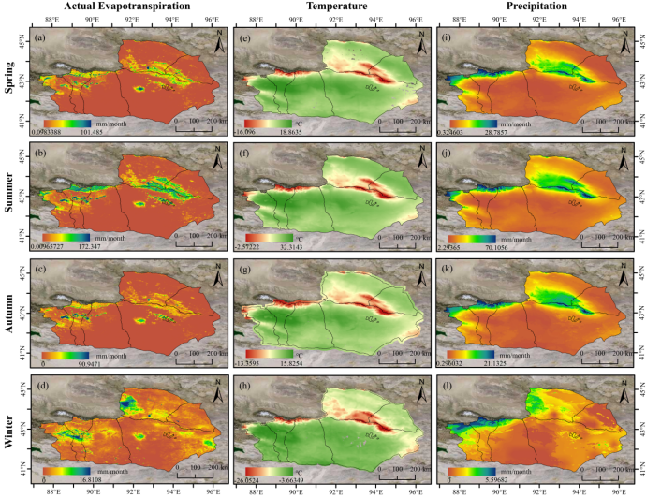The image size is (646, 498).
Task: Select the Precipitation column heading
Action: (x=534, y=7)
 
